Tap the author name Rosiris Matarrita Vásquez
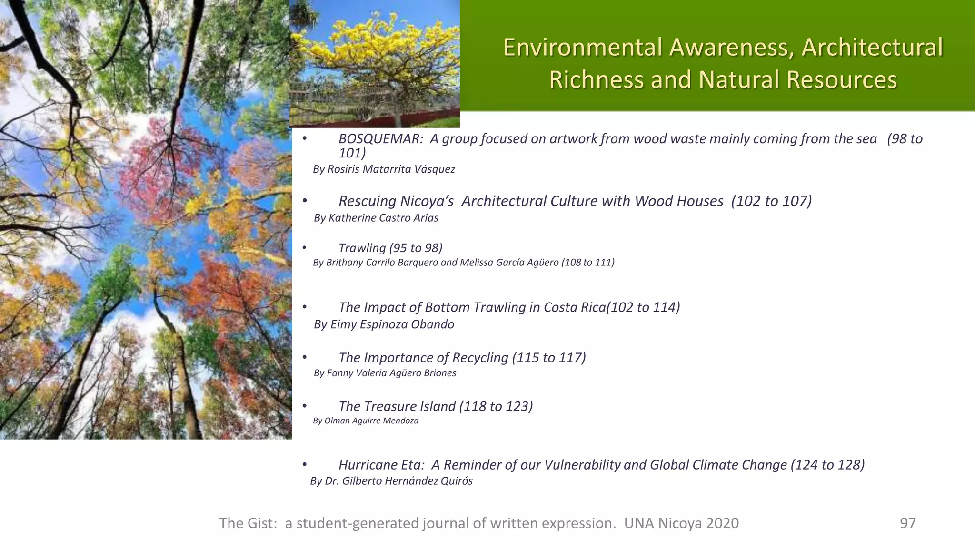[391, 169]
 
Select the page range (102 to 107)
[771, 201]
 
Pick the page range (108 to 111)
[588, 263]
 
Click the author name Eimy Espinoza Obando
[392, 324]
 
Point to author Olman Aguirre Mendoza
[371, 421]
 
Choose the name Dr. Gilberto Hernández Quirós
[398, 481]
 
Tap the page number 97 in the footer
[907, 523]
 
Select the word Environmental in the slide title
[583, 48]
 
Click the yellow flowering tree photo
[375, 64]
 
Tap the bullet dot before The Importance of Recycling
[305, 358]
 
